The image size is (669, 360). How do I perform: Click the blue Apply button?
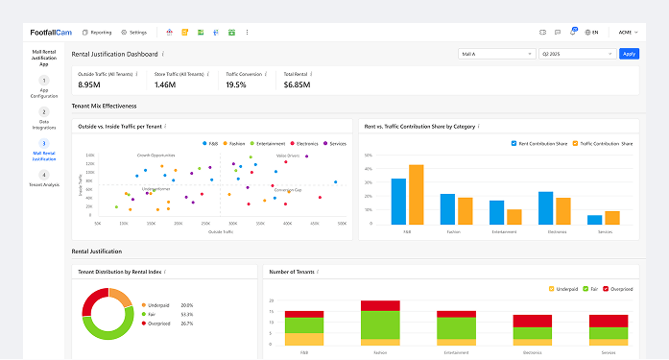(629, 54)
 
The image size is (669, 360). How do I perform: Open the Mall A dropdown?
(497, 54)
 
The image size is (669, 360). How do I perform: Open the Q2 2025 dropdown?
(576, 54)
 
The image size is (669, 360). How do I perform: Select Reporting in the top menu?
(97, 32)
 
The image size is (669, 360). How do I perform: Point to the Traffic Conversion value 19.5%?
(236, 84)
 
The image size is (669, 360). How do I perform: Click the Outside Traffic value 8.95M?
(90, 84)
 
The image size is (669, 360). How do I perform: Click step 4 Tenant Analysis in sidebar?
(43, 179)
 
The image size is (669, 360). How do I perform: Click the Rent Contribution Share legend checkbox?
(514, 143)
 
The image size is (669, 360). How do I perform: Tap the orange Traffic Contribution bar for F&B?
(416, 194)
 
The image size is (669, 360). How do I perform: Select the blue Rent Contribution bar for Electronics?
(545, 207)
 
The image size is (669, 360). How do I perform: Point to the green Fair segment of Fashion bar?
(380, 324)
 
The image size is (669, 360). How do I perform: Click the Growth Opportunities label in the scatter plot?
(156, 154)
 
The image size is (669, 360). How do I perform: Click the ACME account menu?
(626, 32)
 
